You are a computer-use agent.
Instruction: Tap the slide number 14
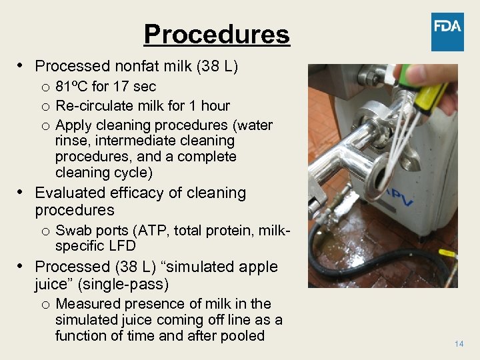click(x=459, y=343)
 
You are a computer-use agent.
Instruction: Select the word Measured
click(x=88, y=304)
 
